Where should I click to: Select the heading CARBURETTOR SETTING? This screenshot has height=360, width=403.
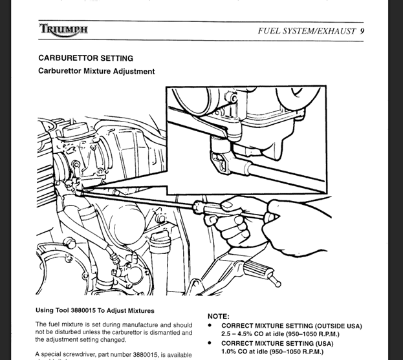tap(85, 58)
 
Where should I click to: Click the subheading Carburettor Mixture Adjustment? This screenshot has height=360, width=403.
tap(96, 71)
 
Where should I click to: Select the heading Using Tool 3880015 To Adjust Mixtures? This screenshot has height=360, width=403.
tap(95, 310)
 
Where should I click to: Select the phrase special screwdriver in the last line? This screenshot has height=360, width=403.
tap(69, 354)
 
